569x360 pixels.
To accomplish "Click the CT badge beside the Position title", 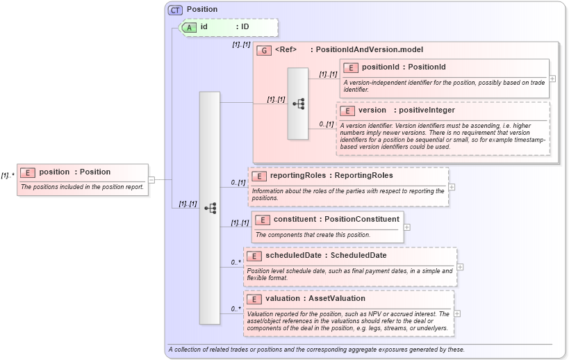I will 175,9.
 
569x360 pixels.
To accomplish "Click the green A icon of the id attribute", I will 189,27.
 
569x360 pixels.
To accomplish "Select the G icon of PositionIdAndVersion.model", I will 264,50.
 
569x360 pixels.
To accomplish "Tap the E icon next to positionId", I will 351,67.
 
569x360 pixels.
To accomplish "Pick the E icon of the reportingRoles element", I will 258,176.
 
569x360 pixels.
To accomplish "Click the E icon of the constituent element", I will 263,220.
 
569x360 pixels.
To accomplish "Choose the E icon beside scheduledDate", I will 254,256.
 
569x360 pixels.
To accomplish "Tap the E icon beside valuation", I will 254,299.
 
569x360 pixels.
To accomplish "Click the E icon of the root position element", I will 28,172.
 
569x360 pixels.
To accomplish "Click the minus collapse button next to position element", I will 151,179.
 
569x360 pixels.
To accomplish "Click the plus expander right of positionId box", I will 552,79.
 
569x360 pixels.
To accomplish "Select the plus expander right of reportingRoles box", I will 452,186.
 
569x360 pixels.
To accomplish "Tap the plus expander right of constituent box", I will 407,227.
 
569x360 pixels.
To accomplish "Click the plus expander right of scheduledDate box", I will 461,266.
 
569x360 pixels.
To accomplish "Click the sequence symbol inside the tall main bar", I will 210,208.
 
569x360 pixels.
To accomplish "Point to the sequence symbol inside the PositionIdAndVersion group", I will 298,104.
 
